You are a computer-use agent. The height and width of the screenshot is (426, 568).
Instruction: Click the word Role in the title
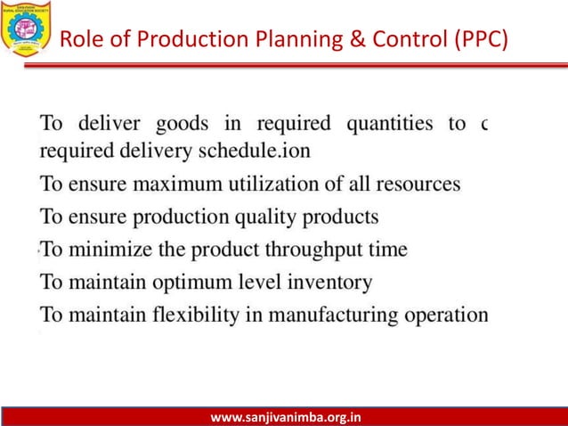[78, 40]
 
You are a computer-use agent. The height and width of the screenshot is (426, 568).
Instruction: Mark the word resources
[418, 184]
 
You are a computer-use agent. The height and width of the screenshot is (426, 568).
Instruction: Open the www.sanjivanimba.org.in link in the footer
[285, 415]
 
